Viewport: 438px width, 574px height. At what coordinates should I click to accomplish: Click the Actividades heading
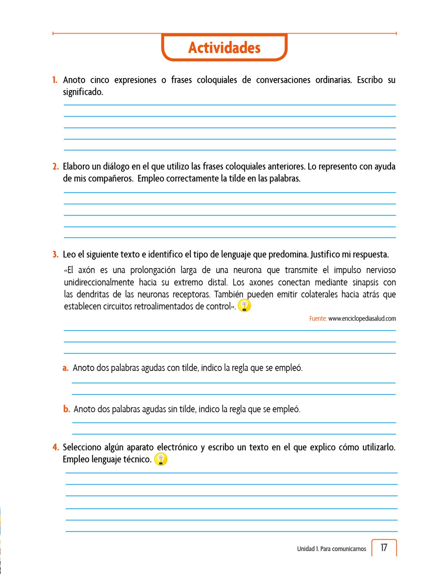pos(224,48)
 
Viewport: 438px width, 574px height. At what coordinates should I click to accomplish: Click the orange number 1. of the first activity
pos(55,80)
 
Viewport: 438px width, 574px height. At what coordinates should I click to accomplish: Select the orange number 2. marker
pos(55,167)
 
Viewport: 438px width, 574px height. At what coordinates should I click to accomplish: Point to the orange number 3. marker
pos(55,254)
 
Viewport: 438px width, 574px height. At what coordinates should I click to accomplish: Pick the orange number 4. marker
pos(55,447)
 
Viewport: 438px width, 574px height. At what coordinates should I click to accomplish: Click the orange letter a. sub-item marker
pos(66,368)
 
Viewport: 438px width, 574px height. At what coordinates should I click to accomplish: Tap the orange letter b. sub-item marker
pos(66,409)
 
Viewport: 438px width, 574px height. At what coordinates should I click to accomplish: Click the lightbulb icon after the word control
pos(244,306)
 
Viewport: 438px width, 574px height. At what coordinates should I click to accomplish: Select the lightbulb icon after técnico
pos(161,460)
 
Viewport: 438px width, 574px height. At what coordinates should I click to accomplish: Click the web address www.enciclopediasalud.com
pos(362,319)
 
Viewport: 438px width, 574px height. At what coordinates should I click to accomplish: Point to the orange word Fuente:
pos(318,319)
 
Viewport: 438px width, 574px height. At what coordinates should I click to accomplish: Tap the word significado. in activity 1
pos(83,92)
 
